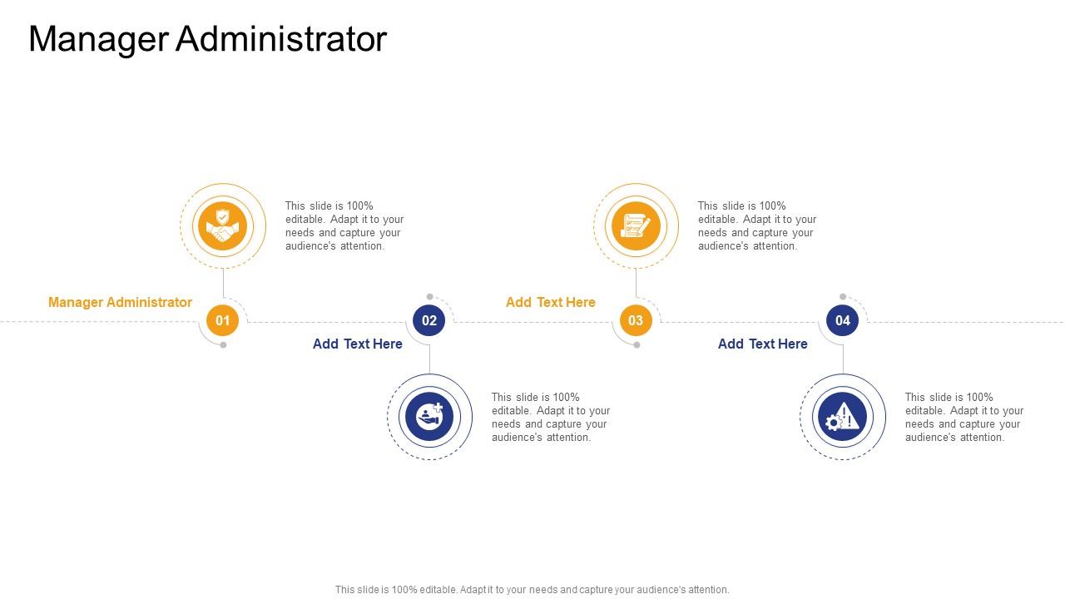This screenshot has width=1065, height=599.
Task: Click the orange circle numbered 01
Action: click(x=223, y=320)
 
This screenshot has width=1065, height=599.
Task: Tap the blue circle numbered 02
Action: click(x=429, y=320)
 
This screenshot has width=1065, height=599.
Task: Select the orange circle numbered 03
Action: click(x=636, y=320)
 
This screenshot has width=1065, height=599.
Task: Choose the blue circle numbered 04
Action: click(x=843, y=320)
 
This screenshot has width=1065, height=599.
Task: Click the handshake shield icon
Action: click(x=223, y=226)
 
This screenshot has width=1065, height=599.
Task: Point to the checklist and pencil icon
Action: click(x=636, y=226)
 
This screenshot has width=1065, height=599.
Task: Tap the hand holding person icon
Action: click(x=429, y=417)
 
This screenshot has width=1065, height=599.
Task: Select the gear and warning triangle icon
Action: click(x=843, y=417)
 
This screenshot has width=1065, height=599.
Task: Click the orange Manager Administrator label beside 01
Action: click(x=120, y=302)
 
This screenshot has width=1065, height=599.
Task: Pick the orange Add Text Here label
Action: click(x=550, y=302)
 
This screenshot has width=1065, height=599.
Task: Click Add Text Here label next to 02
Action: click(x=358, y=344)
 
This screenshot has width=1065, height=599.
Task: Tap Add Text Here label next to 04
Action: click(x=762, y=344)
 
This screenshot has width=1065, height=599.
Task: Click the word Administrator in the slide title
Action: click(x=281, y=39)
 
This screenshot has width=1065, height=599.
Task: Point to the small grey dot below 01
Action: click(x=223, y=345)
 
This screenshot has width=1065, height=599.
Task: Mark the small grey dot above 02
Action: click(x=429, y=296)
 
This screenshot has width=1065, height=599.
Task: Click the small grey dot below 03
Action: click(x=637, y=345)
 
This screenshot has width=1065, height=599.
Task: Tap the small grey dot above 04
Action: click(x=843, y=296)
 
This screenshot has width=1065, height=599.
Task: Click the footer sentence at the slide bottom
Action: click(x=532, y=590)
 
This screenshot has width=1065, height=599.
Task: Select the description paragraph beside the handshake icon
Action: click(x=344, y=225)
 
